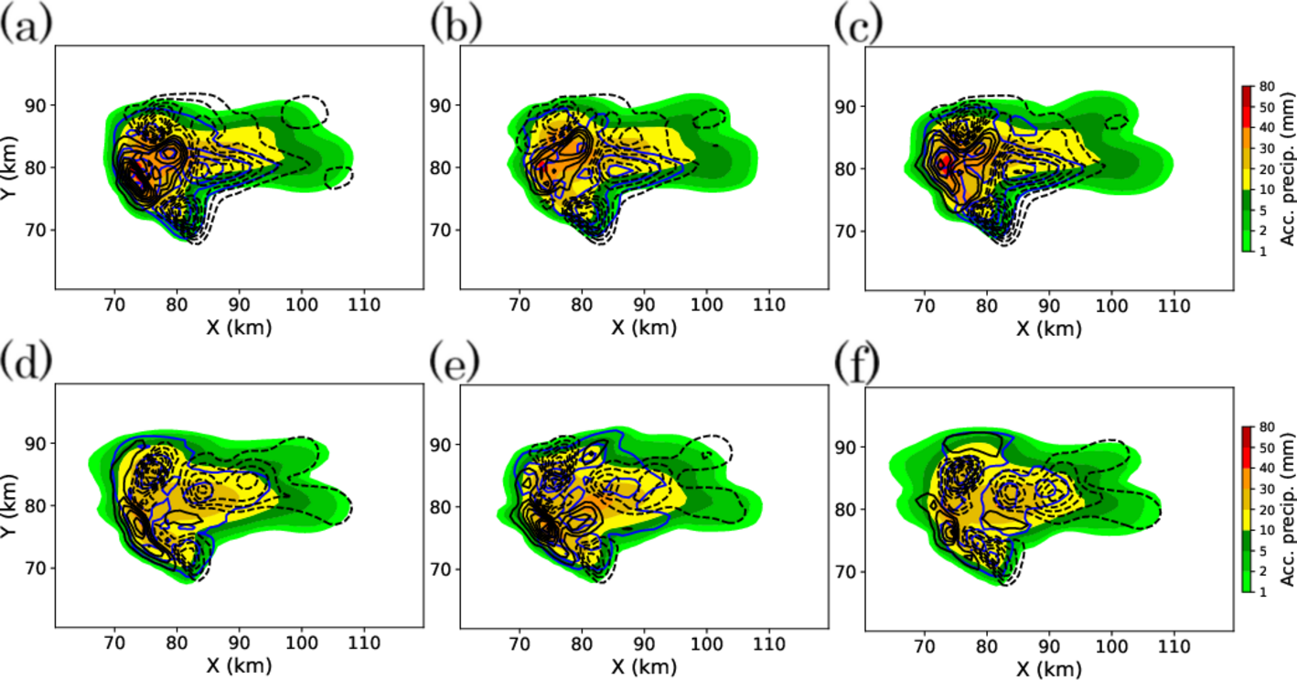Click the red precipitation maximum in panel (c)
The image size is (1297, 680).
click(943, 164)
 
